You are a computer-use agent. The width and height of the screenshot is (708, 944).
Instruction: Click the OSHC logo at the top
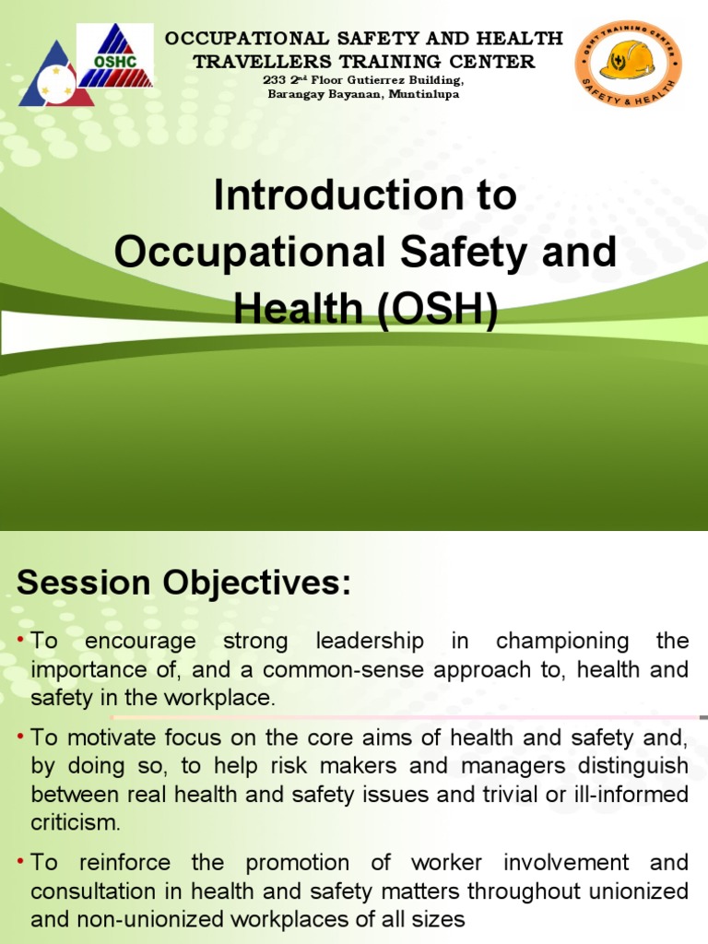click(x=114, y=55)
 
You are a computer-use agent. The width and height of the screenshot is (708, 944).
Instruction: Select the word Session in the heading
click(x=84, y=583)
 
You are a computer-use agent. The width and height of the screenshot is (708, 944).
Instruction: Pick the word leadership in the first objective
click(x=370, y=641)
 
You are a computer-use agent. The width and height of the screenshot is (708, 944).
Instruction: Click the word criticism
click(x=75, y=821)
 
